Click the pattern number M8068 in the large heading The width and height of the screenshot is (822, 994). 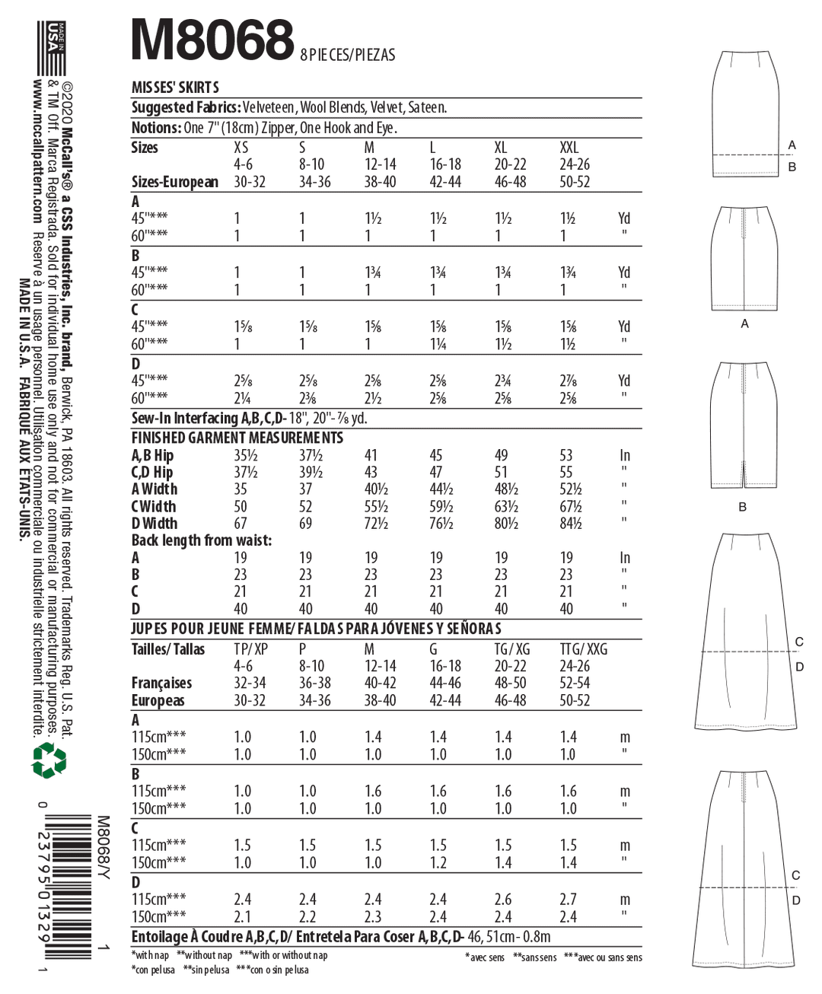click(x=212, y=40)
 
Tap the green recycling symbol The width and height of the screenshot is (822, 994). click(x=49, y=760)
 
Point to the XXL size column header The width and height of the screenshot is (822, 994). click(x=569, y=148)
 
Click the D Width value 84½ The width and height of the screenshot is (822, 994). click(x=570, y=524)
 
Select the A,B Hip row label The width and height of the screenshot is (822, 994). click(x=152, y=456)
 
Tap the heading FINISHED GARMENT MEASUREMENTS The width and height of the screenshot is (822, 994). click(x=237, y=438)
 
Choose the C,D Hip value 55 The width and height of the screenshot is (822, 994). click(x=566, y=473)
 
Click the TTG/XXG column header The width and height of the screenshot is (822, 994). click(x=584, y=649)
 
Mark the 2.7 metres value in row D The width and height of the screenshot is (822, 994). click(x=568, y=900)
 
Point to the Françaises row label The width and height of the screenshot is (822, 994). click(x=161, y=683)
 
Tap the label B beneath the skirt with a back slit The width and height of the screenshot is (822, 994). click(x=742, y=507)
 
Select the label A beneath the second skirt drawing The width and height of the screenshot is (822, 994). click(x=744, y=324)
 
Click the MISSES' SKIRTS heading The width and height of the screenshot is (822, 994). click(x=175, y=88)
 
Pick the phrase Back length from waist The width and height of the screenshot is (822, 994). click(x=202, y=540)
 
